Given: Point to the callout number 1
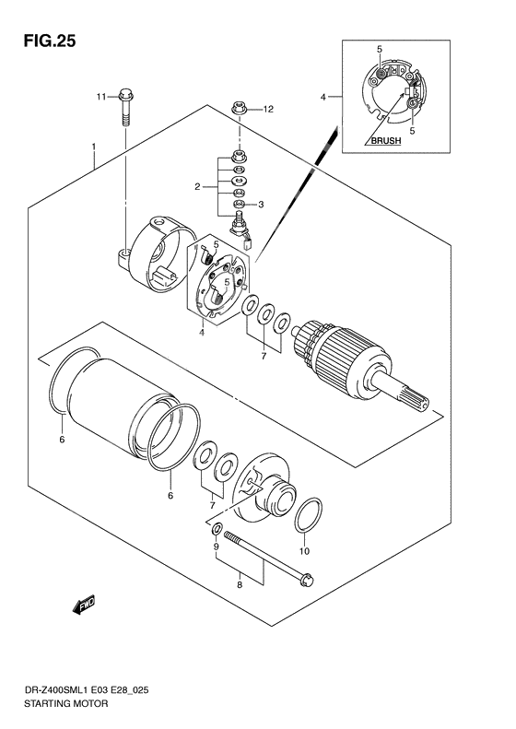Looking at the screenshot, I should [x=94, y=147].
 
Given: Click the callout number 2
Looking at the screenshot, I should [x=197, y=187].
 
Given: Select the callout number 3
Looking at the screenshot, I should [x=261, y=205].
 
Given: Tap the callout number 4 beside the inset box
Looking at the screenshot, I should [x=323, y=97].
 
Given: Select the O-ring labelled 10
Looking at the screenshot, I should [x=310, y=517].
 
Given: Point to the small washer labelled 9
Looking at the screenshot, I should [x=217, y=531].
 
